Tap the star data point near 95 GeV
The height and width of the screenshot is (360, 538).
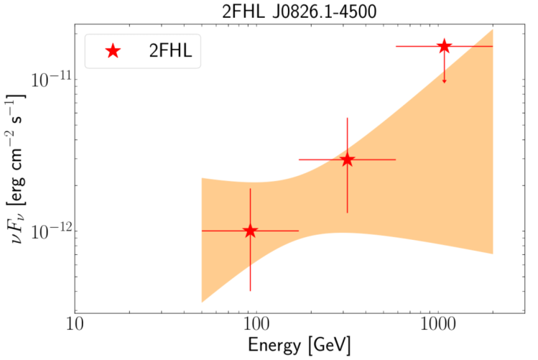pyautogui.click(x=250, y=231)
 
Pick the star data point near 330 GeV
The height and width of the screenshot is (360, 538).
pyautogui.click(x=347, y=160)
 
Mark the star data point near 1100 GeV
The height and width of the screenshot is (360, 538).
pyautogui.click(x=444, y=46)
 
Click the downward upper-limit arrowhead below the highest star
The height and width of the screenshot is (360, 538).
pyautogui.click(x=444, y=80)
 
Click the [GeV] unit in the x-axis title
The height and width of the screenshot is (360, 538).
pyautogui.click(x=329, y=346)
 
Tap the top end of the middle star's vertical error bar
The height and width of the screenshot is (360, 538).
pyautogui.click(x=347, y=118)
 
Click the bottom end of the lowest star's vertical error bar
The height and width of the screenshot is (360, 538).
pyautogui.click(x=250, y=291)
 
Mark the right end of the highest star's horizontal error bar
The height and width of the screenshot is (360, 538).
pyautogui.click(x=493, y=46)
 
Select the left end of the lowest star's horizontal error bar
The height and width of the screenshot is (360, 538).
pyautogui.click(x=202, y=231)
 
